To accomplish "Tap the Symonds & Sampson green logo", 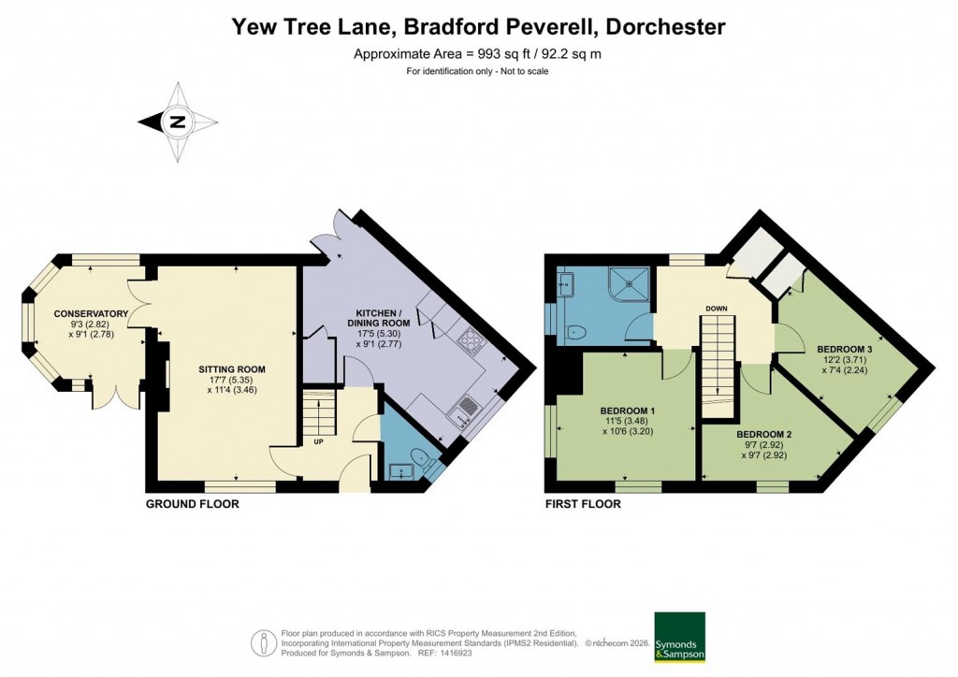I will click(679, 638).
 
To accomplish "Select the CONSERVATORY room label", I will click(91, 313).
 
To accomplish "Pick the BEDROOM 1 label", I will click(627, 411).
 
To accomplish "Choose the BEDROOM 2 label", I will click(764, 435).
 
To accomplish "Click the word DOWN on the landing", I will click(718, 308).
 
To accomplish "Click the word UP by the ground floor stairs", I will click(319, 442).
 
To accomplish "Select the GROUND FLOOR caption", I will click(192, 504).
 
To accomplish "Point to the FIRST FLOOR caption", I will click(583, 504).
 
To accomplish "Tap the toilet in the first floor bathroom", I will click(575, 331).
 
